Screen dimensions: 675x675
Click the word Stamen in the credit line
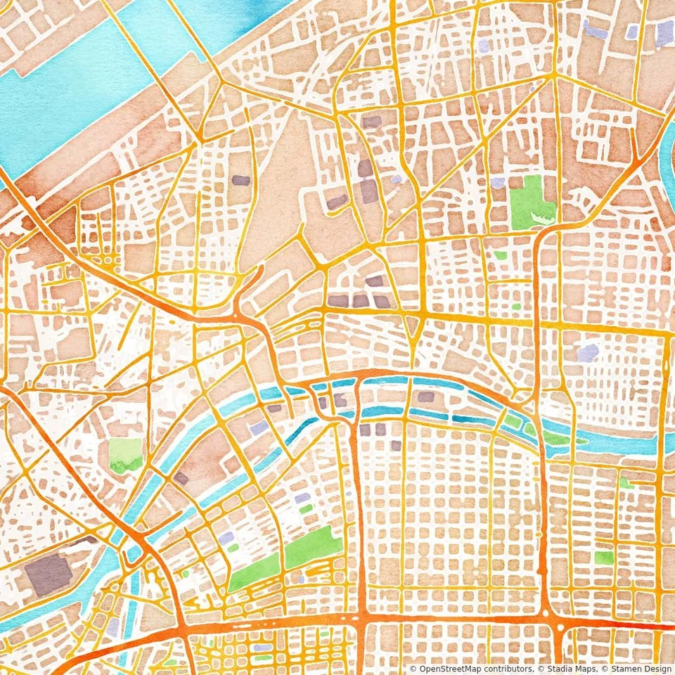pos(618,669)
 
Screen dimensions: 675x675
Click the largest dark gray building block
pos(49,573)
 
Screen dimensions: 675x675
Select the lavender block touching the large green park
pos(498,183)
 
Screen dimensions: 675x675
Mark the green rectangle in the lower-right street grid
pos(603,558)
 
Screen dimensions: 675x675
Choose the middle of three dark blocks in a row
pos(360,301)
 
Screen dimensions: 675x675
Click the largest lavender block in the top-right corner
pos(664,32)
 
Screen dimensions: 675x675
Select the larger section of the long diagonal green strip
pos(314,546)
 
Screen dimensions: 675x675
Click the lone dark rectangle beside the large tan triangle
pos(240,180)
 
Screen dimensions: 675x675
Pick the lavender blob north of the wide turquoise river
pos(588,352)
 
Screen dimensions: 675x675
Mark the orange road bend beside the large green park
pos(541,239)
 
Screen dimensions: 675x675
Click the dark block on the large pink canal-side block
pos(181,478)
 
